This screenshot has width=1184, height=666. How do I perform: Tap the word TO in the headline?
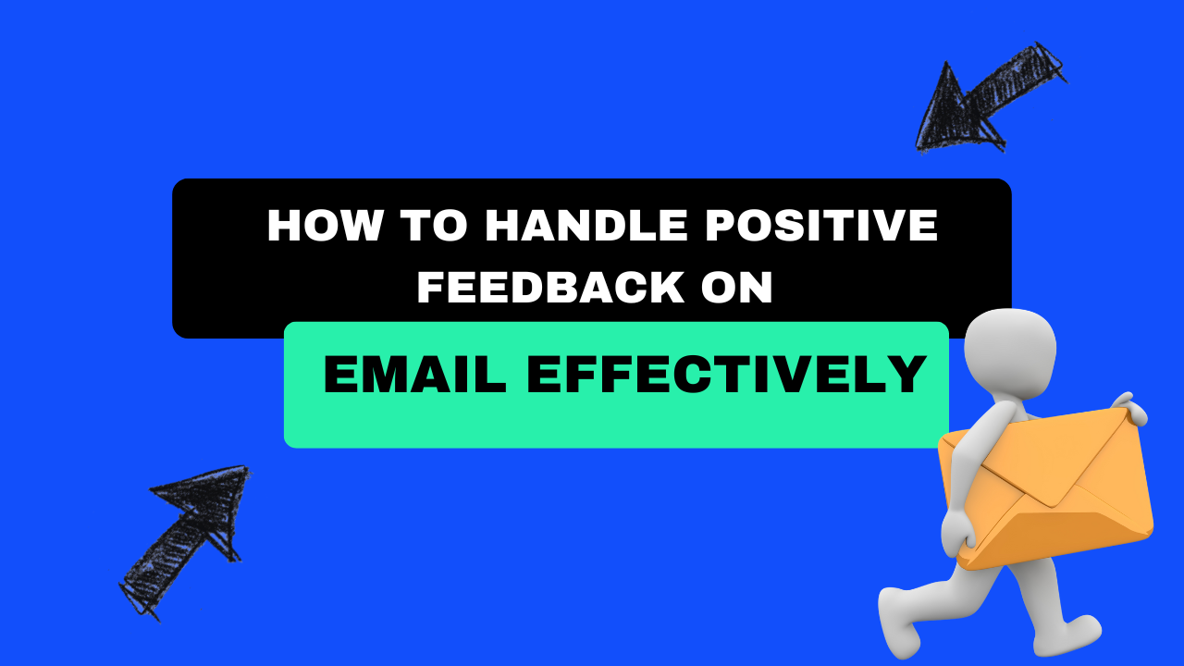(410, 227)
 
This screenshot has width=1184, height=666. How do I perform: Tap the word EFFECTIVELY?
(727, 375)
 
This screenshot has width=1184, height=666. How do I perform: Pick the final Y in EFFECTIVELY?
(911, 375)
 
